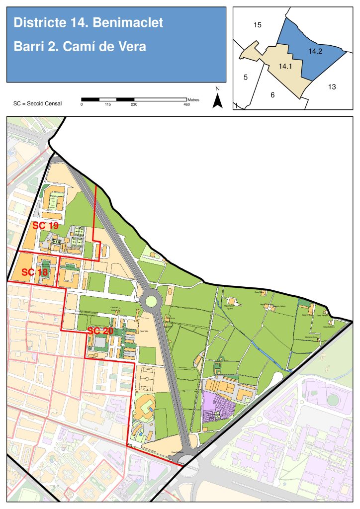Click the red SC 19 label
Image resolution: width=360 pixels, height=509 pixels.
pyautogui.click(x=45, y=225)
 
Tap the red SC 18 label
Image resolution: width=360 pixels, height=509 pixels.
pyautogui.click(x=35, y=272)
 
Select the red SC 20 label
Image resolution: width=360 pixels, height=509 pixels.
pyautogui.click(x=100, y=331)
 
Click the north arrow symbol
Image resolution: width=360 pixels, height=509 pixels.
pyautogui.click(x=217, y=100)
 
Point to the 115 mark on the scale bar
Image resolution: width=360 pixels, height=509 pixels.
pyautogui.click(x=107, y=105)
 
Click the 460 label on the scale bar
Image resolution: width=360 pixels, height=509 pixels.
pyautogui.click(x=186, y=105)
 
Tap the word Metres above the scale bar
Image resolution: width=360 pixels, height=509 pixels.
pyautogui.click(x=193, y=100)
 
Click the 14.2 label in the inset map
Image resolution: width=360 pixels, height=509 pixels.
pyautogui.click(x=315, y=51)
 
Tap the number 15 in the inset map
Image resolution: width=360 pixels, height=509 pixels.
pyautogui.click(x=257, y=25)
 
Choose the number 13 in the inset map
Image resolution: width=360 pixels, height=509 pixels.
pyautogui.click(x=332, y=87)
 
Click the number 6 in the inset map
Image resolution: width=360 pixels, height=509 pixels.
pyautogui.click(x=272, y=95)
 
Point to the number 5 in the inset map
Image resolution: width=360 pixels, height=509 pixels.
pyautogui.click(x=245, y=77)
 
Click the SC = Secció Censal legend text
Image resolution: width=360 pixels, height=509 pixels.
pyautogui.click(x=38, y=104)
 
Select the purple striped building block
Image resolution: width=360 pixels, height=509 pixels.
pyautogui.click(x=219, y=407)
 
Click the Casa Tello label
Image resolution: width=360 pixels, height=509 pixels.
pyautogui.click(x=144, y=332)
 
